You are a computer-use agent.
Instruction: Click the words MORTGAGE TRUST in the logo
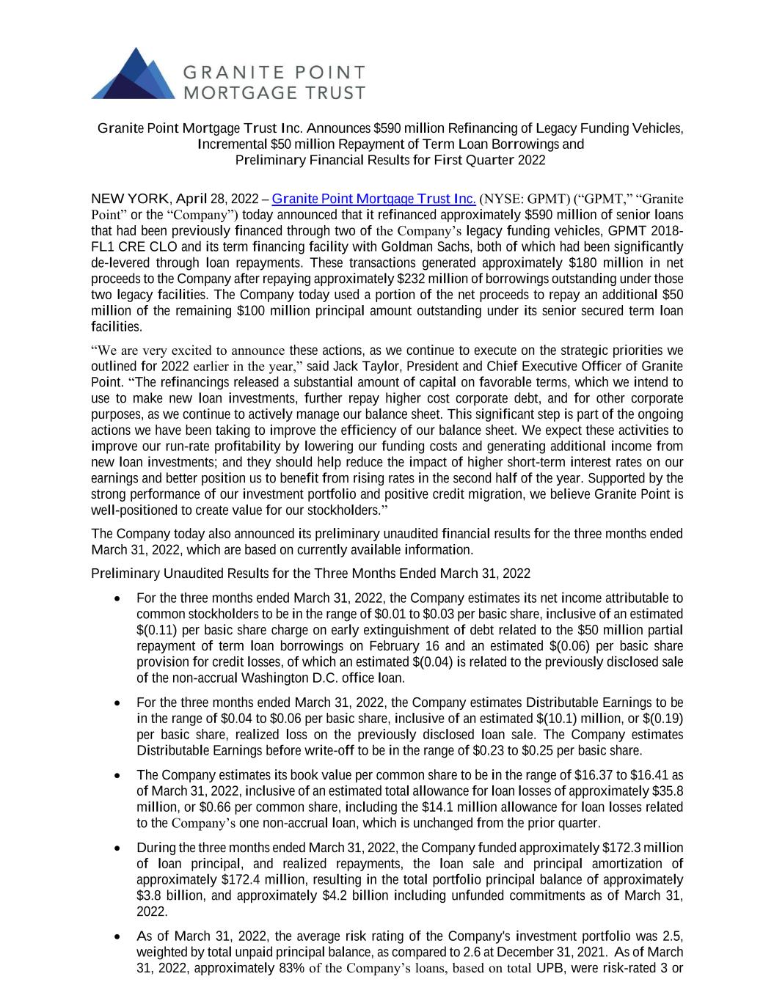[271, 92]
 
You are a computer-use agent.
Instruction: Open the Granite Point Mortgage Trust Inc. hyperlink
[374, 199]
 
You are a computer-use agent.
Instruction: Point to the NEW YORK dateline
[129, 199]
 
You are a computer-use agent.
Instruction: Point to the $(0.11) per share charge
[158, 630]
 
